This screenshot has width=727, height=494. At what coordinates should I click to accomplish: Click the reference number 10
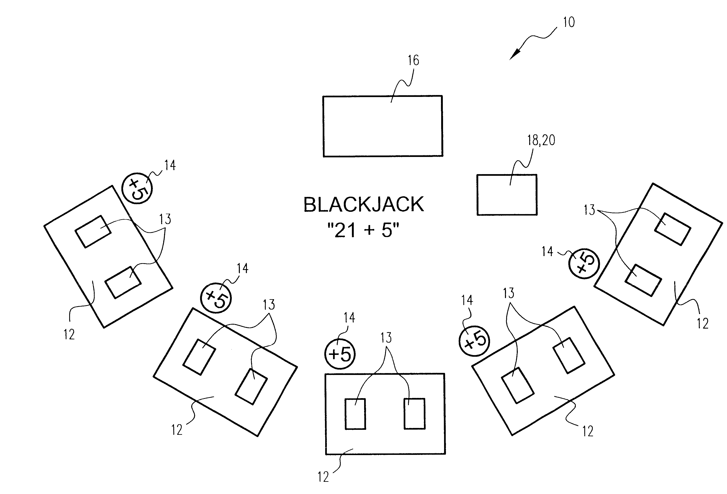[x=569, y=22]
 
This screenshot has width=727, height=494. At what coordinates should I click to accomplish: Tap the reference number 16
[x=413, y=60]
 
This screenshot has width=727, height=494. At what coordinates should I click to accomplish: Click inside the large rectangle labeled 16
[x=383, y=126]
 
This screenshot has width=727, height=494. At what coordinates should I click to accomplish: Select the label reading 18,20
[x=541, y=140]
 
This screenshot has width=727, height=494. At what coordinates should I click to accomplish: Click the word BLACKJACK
[x=363, y=205]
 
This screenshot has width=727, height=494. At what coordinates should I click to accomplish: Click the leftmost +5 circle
[x=137, y=189]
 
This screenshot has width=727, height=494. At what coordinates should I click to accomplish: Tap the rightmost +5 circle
[x=583, y=263]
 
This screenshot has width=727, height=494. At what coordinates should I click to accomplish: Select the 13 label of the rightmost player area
[x=589, y=210]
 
